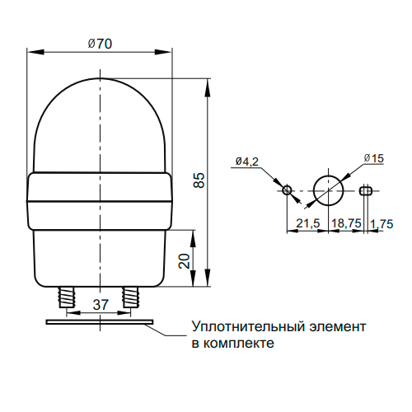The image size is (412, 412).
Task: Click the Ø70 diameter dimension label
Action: click(x=100, y=44)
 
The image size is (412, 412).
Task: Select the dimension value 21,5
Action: click(x=308, y=223)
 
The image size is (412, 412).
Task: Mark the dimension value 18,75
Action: click(x=346, y=223)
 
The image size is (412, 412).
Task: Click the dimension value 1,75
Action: click(x=382, y=223)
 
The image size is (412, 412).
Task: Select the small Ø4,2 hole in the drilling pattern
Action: click(x=288, y=191)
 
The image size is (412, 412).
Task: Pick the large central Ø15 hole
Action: click(x=329, y=191)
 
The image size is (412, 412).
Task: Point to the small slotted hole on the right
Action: click(x=365, y=191)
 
